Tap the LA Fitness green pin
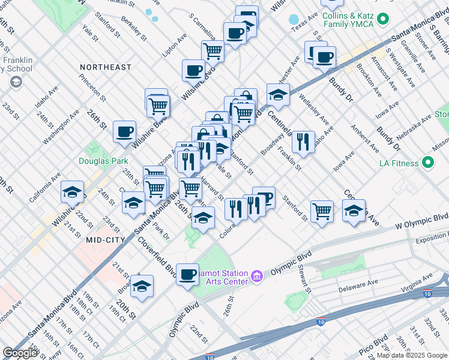[x=428, y=162]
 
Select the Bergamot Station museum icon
[x=256, y=275]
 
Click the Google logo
[x=20, y=353]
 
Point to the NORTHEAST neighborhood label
[x=106, y=67]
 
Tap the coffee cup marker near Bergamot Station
[x=188, y=275]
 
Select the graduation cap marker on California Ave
[x=72, y=193]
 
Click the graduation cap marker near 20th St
[x=142, y=286]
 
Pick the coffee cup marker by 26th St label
[x=125, y=132]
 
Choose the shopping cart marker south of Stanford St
[x=322, y=211]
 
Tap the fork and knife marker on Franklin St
[x=303, y=142]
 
